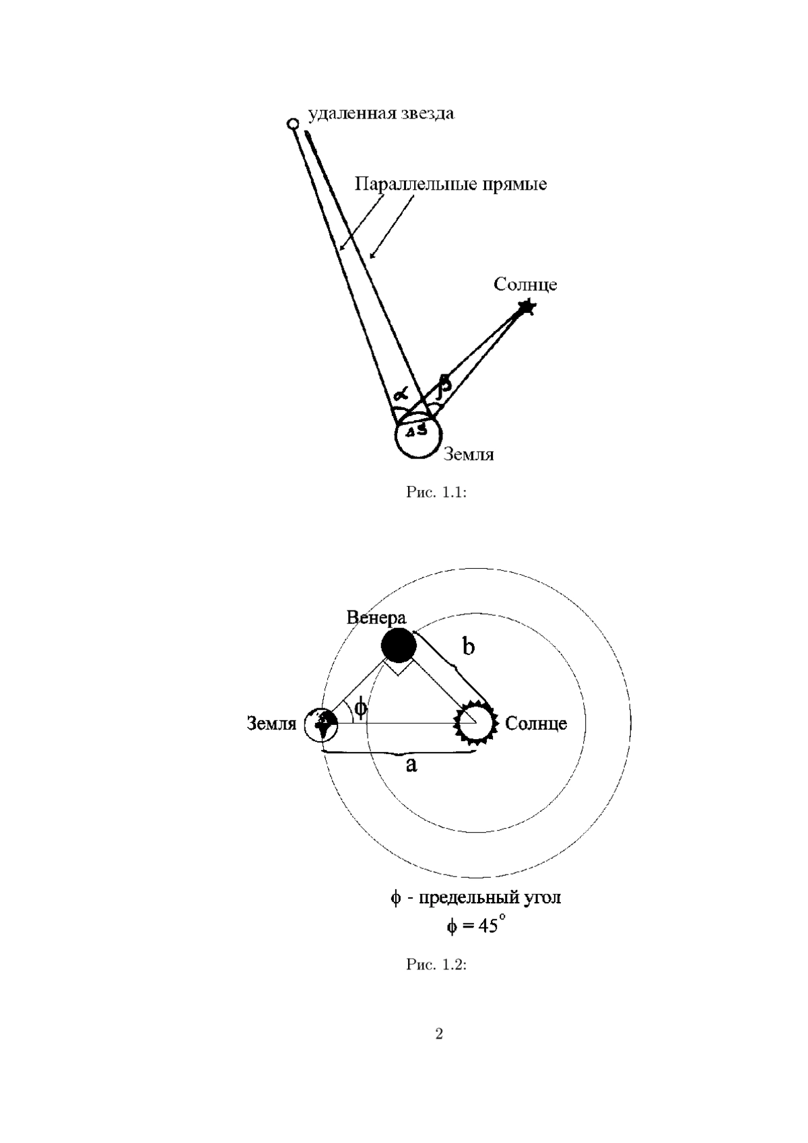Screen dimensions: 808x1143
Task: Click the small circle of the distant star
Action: (x=292, y=123)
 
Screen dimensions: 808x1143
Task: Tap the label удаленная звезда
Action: (x=380, y=114)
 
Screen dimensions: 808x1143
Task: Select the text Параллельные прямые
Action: (x=450, y=184)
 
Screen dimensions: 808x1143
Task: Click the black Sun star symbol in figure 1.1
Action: (x=526, y=308)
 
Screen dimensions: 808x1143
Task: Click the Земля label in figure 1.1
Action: (x=469, y=454)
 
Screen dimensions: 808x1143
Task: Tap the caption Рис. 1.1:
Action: (x=436, y=492)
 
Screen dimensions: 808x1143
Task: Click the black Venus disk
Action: (x=399, y=646)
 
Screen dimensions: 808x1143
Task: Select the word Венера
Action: (x=376, y=618)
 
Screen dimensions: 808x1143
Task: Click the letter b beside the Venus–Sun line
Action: (x=468, y=646)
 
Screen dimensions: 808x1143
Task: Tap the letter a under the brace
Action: (x=411, y=765)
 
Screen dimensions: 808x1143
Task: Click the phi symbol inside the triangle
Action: (x=360, y=707)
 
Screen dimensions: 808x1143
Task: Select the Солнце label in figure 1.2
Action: (x=536, y=724)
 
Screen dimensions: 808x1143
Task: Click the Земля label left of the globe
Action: (x=271, y=724)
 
